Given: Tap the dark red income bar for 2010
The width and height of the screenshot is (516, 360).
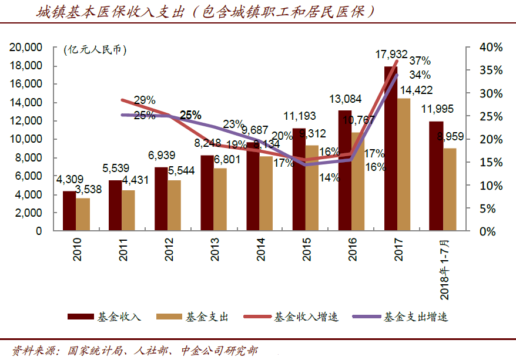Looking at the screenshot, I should click(x=69, y=211).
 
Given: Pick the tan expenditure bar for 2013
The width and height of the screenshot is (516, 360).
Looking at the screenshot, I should click(x=220, y=200).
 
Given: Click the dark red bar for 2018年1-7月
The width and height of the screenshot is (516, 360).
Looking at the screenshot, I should click(x=436, y=176).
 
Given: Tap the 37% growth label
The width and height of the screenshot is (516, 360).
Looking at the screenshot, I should click(x=420, y=60).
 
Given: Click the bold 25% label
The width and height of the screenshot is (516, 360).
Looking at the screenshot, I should click(x=190, y=115).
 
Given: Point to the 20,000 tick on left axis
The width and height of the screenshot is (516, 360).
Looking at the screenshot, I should click(x=26, y=47).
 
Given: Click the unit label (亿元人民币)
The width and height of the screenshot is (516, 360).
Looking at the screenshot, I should click(x=94, y=50).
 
